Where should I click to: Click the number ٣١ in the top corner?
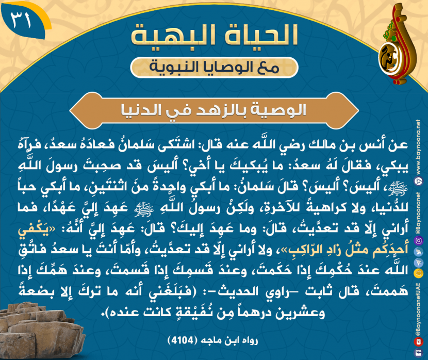[21, 21]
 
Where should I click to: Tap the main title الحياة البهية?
[215, 35]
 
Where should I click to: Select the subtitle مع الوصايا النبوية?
[215, 68]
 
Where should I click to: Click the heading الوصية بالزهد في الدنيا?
[213, 110]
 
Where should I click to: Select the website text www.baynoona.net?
[418, 148]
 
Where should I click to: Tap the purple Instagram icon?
[418, 240]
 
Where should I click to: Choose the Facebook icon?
[418, 353]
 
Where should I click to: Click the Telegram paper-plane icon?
[418, 263]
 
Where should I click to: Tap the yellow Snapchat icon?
[418, 273]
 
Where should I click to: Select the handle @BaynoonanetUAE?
[418, 309]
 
